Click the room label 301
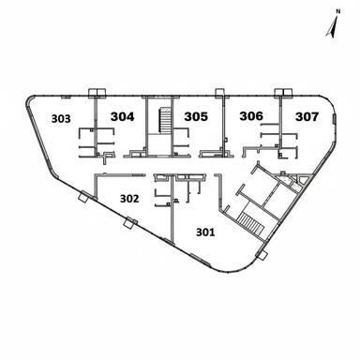click(x=205, y=232)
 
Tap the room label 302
click(x=129, y=199)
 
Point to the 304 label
click(x=123, y=116)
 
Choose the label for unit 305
click(x=196, y=117)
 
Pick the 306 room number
click(x=250, y=116)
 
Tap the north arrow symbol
click(x=332, y=27)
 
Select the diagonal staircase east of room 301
click(x=251, y=225)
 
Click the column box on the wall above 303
click(x=95, y=92)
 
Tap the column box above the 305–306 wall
click(x=219, y=92)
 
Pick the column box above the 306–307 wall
click(x=279, y=92)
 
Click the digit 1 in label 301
click(x=215, y=232)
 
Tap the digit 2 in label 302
click(x=137, y=199)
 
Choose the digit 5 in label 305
click(x=204, y=117)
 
